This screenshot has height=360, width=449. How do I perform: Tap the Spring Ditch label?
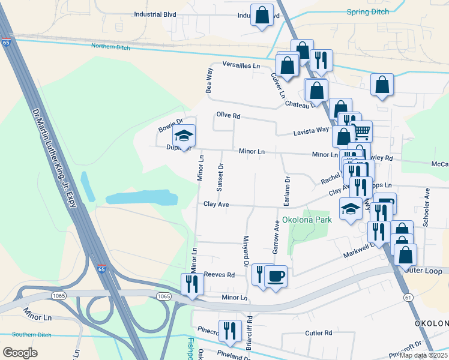click(x=368, y=12)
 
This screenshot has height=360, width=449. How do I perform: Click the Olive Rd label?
click(x=228, y=115)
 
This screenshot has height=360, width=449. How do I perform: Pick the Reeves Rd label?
click(x=219, y=274)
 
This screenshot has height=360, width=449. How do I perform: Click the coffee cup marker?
click(x=276, y=276)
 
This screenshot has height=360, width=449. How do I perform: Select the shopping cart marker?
click(x=361, y=131)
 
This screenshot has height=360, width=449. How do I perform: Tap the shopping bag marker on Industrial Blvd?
click(x=262, y=16)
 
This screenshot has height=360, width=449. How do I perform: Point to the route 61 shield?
click(x=408, y=298)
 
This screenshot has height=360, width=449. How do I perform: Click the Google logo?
click(x=20, y=353)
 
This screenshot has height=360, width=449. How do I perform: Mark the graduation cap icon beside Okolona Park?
click(x=351, y=208)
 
